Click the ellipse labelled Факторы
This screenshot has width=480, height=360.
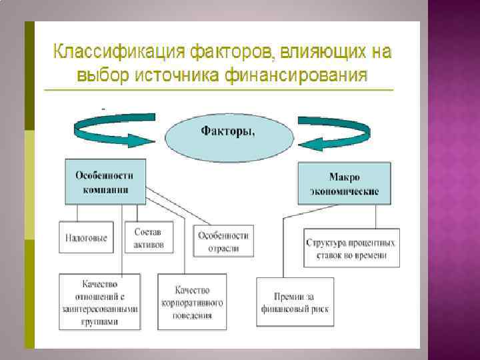228,131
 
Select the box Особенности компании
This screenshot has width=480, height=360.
105,181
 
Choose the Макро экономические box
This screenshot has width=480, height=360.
344,184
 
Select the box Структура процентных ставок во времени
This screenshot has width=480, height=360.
350,248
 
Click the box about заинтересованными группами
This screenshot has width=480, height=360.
100,301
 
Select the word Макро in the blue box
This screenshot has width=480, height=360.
345,177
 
